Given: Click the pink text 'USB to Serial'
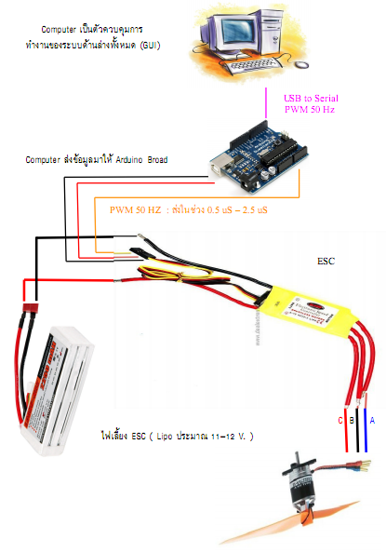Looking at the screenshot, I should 312,97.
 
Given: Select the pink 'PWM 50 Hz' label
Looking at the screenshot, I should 312,110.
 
